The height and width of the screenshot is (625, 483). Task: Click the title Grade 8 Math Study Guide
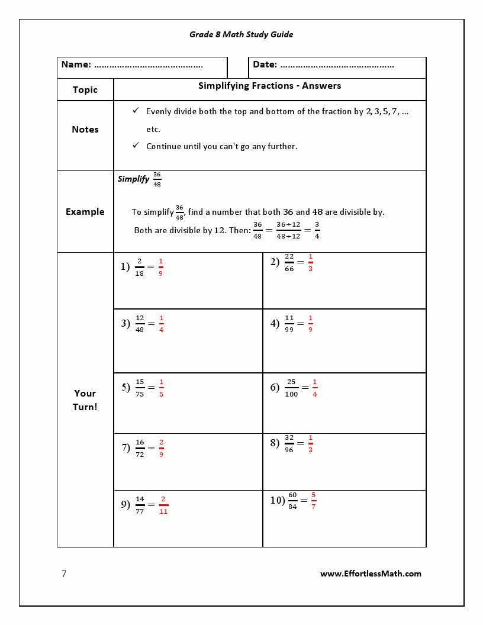[x=241, y=34]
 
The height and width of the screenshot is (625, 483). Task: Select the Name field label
[x=76, y=65]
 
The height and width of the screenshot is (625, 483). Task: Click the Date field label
[x=265, y=65]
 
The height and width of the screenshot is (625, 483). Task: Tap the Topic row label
[x=85, y=90]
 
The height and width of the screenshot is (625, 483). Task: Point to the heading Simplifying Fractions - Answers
[x=269, y=86]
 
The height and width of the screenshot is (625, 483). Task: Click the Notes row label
[x=85, y=130]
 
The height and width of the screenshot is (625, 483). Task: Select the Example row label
[x=85, y=212]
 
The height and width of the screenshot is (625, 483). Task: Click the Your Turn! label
[x=85, y=400]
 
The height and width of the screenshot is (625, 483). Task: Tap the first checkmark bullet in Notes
[x=136, y=111]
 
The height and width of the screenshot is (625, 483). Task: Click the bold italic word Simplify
[x=133, y=179]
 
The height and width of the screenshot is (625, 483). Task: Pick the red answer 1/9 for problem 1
[x=160, y=267]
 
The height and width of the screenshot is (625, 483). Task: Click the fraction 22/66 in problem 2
[x=289, y=262]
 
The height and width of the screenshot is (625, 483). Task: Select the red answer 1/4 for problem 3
[x=161, y=324]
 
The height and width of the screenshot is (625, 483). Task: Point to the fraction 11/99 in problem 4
[x=289, y=324]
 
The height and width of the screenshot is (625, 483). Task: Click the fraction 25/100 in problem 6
[x=291, y=388]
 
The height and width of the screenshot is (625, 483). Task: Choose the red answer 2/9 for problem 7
[x=161, y=448]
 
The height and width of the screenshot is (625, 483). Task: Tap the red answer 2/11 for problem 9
[x=163, y=505]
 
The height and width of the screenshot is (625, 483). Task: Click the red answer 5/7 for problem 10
[x=313, y=500]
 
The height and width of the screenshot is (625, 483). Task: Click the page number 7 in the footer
[x=64, y=574]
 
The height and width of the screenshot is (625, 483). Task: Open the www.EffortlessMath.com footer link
[x=371, y=574]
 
